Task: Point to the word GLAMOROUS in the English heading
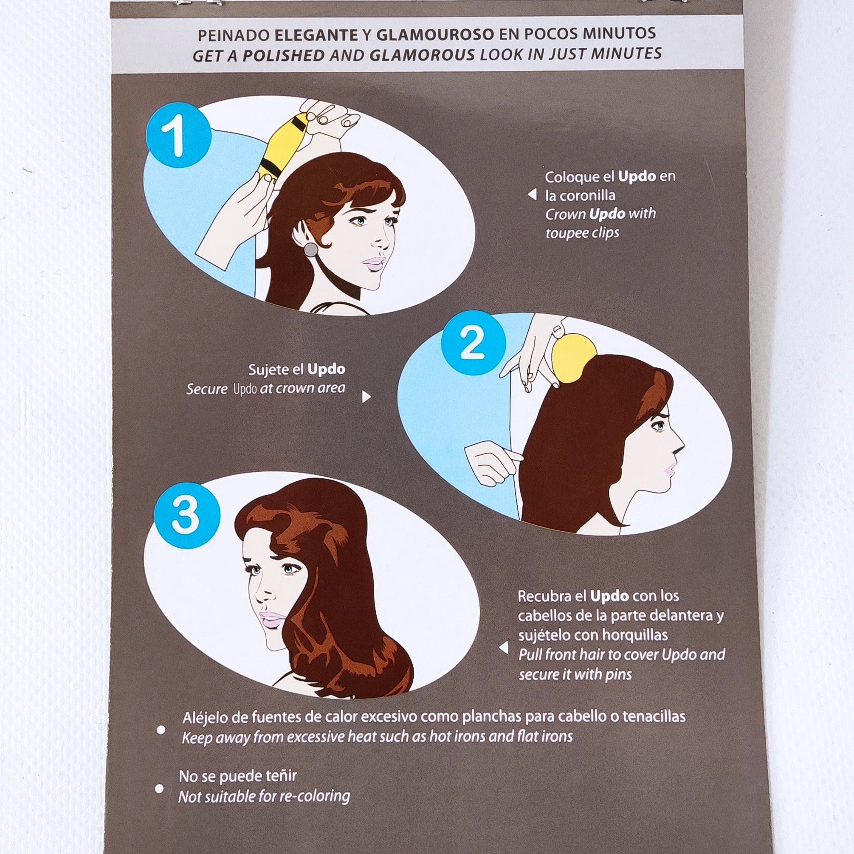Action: click(422, 55)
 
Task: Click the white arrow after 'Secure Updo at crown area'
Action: click(366, 397)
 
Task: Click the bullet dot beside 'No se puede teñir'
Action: click(160, 789)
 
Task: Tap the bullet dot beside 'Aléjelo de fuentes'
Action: click(161, 730)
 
